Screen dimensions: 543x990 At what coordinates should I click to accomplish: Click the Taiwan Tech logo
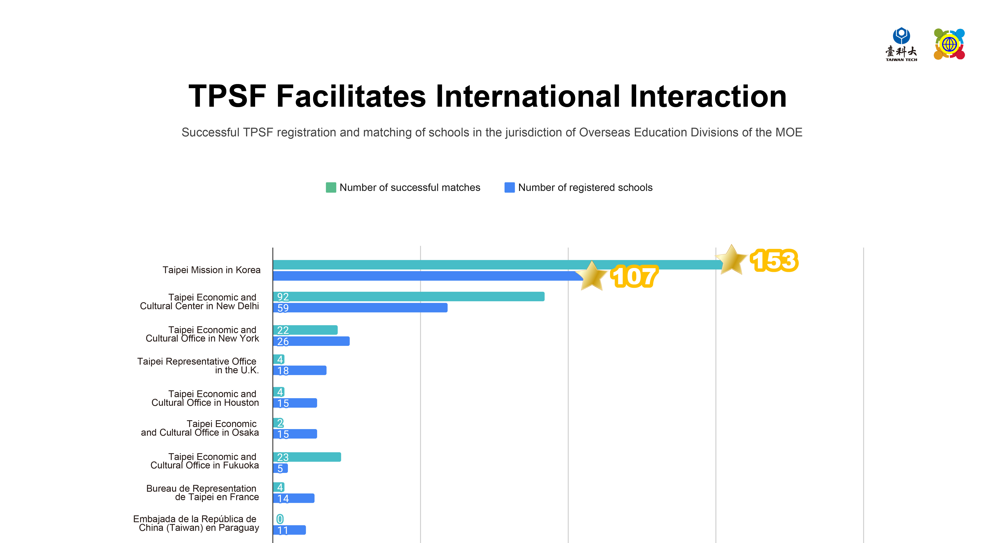point(901,44)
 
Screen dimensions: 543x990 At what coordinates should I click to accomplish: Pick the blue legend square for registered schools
point(509,187)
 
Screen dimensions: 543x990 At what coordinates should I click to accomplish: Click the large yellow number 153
point(774,261)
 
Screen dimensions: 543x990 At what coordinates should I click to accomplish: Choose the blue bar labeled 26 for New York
point(311,341)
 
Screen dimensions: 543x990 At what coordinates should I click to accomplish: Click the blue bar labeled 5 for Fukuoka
point(280,468)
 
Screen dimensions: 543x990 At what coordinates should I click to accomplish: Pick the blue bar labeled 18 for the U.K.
point(300,370)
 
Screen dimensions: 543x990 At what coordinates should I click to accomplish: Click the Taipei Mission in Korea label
point(211,270)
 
